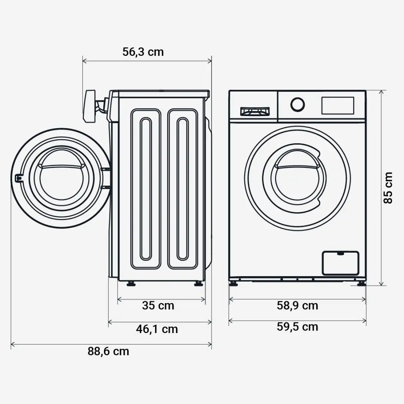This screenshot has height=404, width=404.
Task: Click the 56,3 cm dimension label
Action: coord(143,52)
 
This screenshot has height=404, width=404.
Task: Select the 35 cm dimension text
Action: coord(158,305)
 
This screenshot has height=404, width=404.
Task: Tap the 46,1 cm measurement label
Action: coord(157,329)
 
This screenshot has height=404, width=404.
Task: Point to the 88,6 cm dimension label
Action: coord(108,351)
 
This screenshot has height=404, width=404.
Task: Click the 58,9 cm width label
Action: coord(297,305)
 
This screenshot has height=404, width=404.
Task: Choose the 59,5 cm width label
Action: coord(297,327)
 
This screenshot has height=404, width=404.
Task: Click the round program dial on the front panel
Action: coord(297,104)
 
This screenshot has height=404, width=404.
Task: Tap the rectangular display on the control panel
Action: coord(338,105)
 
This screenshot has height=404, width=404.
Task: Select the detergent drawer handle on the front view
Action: coord(255,111)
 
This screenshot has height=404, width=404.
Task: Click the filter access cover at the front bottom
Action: coord(340,263)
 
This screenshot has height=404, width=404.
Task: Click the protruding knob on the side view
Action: coord(90,107)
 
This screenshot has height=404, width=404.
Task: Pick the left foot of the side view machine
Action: coord(130,284)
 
